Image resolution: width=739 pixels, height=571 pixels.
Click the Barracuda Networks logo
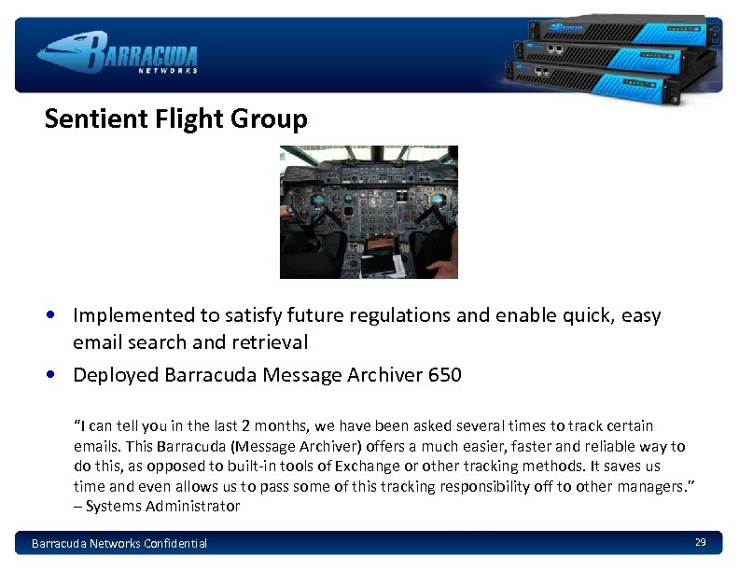coord(118,53)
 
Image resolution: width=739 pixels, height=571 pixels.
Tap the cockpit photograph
coord(369,212)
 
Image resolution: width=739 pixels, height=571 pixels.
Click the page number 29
coord(700,542)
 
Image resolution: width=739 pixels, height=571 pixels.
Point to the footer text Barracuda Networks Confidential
coord(119,543)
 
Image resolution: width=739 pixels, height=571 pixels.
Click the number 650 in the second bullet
coord(444,375)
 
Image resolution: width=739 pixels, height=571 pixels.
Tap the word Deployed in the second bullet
coord(115,375)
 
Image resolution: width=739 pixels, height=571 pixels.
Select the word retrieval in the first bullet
coord(272,342)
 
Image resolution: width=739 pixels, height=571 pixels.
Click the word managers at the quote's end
coord(654,486)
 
